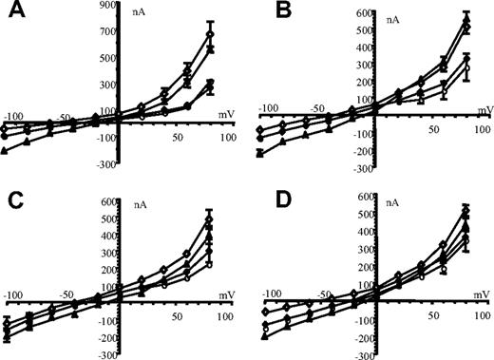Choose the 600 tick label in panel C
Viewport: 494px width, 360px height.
[107, 202]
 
